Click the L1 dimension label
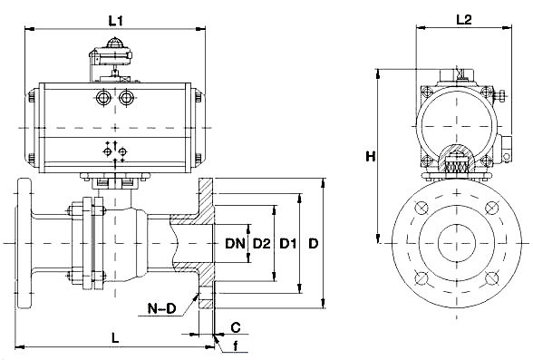coord(116,21)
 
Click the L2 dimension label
coord(464,20)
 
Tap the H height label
coord(370,157)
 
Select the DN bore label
coord(235,243)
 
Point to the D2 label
coord(262,243)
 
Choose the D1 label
coord(287,243)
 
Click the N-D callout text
coord(161,308)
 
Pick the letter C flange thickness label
coord(236,327)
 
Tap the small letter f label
coord(236,346)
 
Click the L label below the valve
coord(116,338)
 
